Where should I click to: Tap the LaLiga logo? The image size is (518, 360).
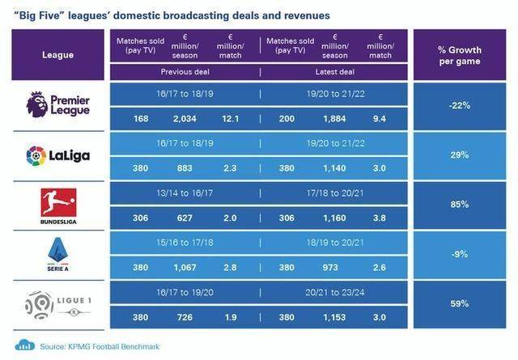(x=58, y=155)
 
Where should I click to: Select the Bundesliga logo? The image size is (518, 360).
(x=58, y=205)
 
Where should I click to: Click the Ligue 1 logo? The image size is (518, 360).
(x=58, y=305)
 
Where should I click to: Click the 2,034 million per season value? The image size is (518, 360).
(x=185, y=119)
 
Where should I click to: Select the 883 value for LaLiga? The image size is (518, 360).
(x=185, y=169)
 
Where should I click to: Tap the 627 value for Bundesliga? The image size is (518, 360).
(x=185, y=219)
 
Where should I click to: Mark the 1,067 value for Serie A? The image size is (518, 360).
(x=185, y=269)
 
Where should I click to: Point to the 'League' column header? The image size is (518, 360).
(x=58, y=55)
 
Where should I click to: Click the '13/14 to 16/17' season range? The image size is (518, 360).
(x=185, y=193)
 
